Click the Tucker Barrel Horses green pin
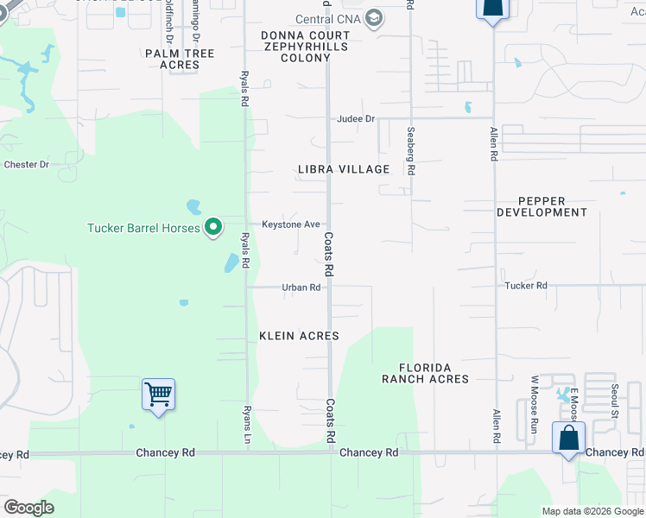pos(213,228)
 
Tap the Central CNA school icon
pos(374,19)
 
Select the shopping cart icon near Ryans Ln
pos(158,395)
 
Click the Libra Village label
pos(344,169)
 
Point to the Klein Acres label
pos(299,336)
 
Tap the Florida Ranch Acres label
pos(425,373)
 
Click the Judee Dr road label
pos(357,119)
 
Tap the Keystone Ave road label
pos(291,224)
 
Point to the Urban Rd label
pos(301,287)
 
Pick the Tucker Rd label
pos(526,286)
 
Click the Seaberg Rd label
pos(410,153)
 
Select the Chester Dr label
pos(27,164)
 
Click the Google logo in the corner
pos(29,508)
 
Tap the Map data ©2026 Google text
pos(593,511)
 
